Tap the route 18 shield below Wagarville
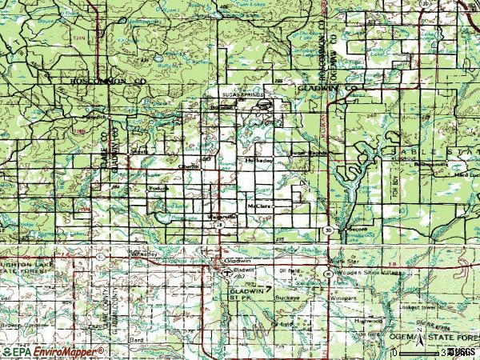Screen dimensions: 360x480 click(x=218, y=226)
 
